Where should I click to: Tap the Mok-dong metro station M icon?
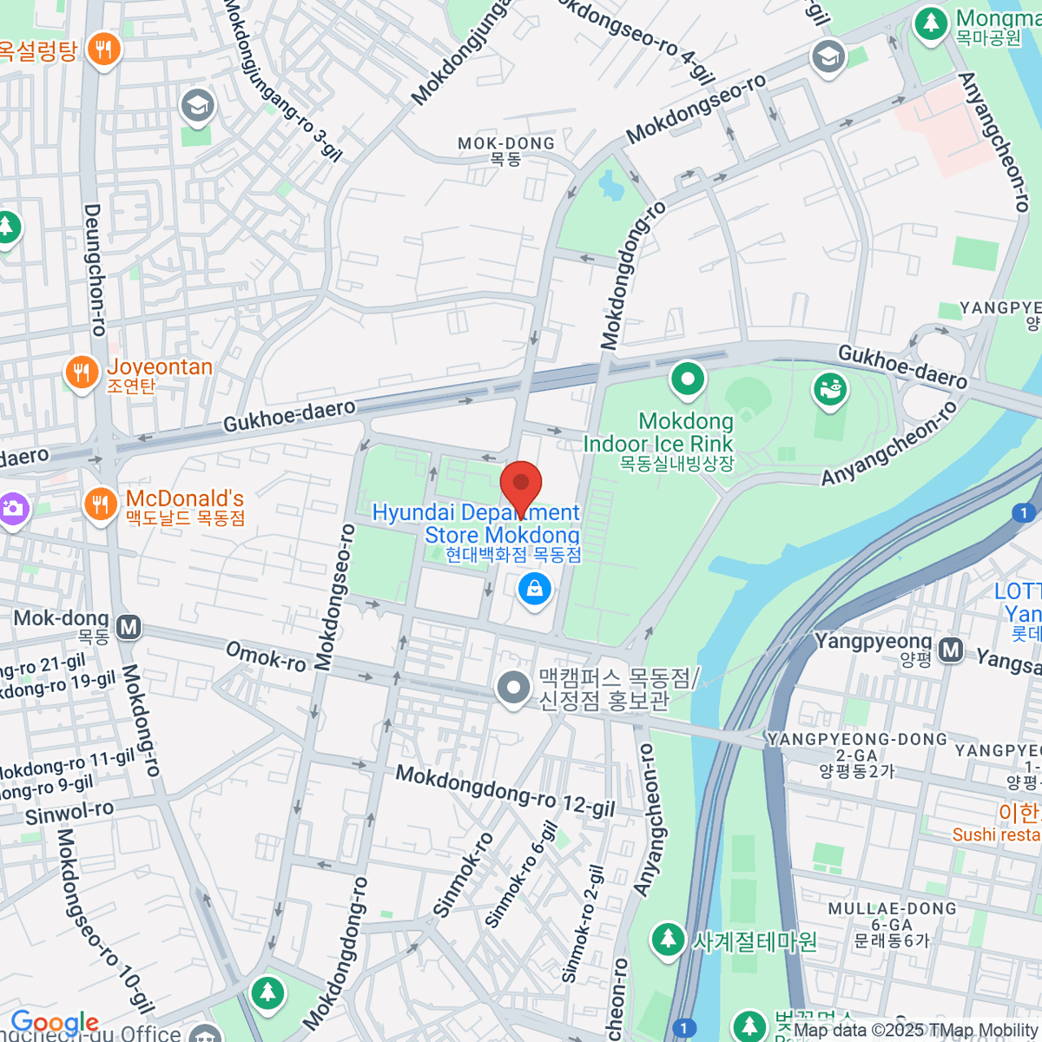(x=129, y=626)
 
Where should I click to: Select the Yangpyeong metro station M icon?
(x=951, y=649)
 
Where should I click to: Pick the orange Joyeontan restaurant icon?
(x=82, y=373)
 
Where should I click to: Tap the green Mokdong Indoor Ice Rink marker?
(x=688, y=379)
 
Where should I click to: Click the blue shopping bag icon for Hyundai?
(x=535, y=590)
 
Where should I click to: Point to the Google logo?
(x=55, y=1022)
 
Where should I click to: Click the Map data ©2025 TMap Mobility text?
(x=916, y=1031)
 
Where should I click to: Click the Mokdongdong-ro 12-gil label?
(x=505, y=790)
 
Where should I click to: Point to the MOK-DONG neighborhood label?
(x=506, y=150)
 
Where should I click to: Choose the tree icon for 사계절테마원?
(x=668, y=939)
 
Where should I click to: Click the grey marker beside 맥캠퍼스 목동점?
(x=513, y=688)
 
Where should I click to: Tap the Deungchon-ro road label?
(x=94, y=269)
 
